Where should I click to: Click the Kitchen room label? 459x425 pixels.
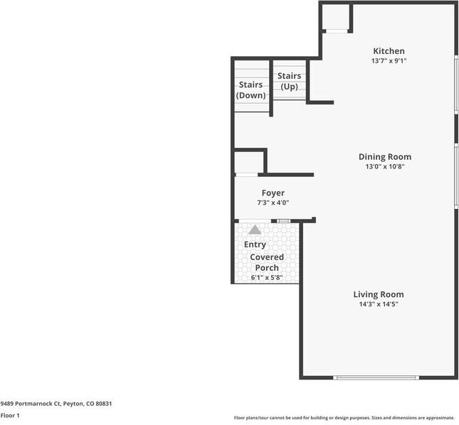(389, 51)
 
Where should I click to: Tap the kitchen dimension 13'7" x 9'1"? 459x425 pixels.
(389, 61)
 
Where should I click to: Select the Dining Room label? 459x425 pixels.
(384, 157)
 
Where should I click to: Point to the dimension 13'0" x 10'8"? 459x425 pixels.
(384, 167)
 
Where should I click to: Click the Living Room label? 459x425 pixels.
(379, 294)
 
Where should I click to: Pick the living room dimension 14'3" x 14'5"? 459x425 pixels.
(379, 304)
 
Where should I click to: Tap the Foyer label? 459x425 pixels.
(273, 193)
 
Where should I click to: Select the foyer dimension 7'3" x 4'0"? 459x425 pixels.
(273, 203)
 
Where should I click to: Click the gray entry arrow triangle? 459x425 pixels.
(255, 230)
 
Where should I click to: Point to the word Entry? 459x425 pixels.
(255, 244)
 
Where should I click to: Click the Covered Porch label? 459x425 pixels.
(267, 262)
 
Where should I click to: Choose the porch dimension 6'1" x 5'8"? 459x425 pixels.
(267, 277)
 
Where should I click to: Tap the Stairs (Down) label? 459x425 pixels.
(251, 90)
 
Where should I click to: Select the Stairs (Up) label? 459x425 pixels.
(289, 81)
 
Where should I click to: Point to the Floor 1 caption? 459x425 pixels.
(10, 415)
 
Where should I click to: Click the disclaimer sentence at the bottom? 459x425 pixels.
(344, 418)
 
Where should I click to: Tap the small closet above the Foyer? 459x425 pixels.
(248, 162)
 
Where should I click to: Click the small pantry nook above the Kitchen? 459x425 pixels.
(336, 18)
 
